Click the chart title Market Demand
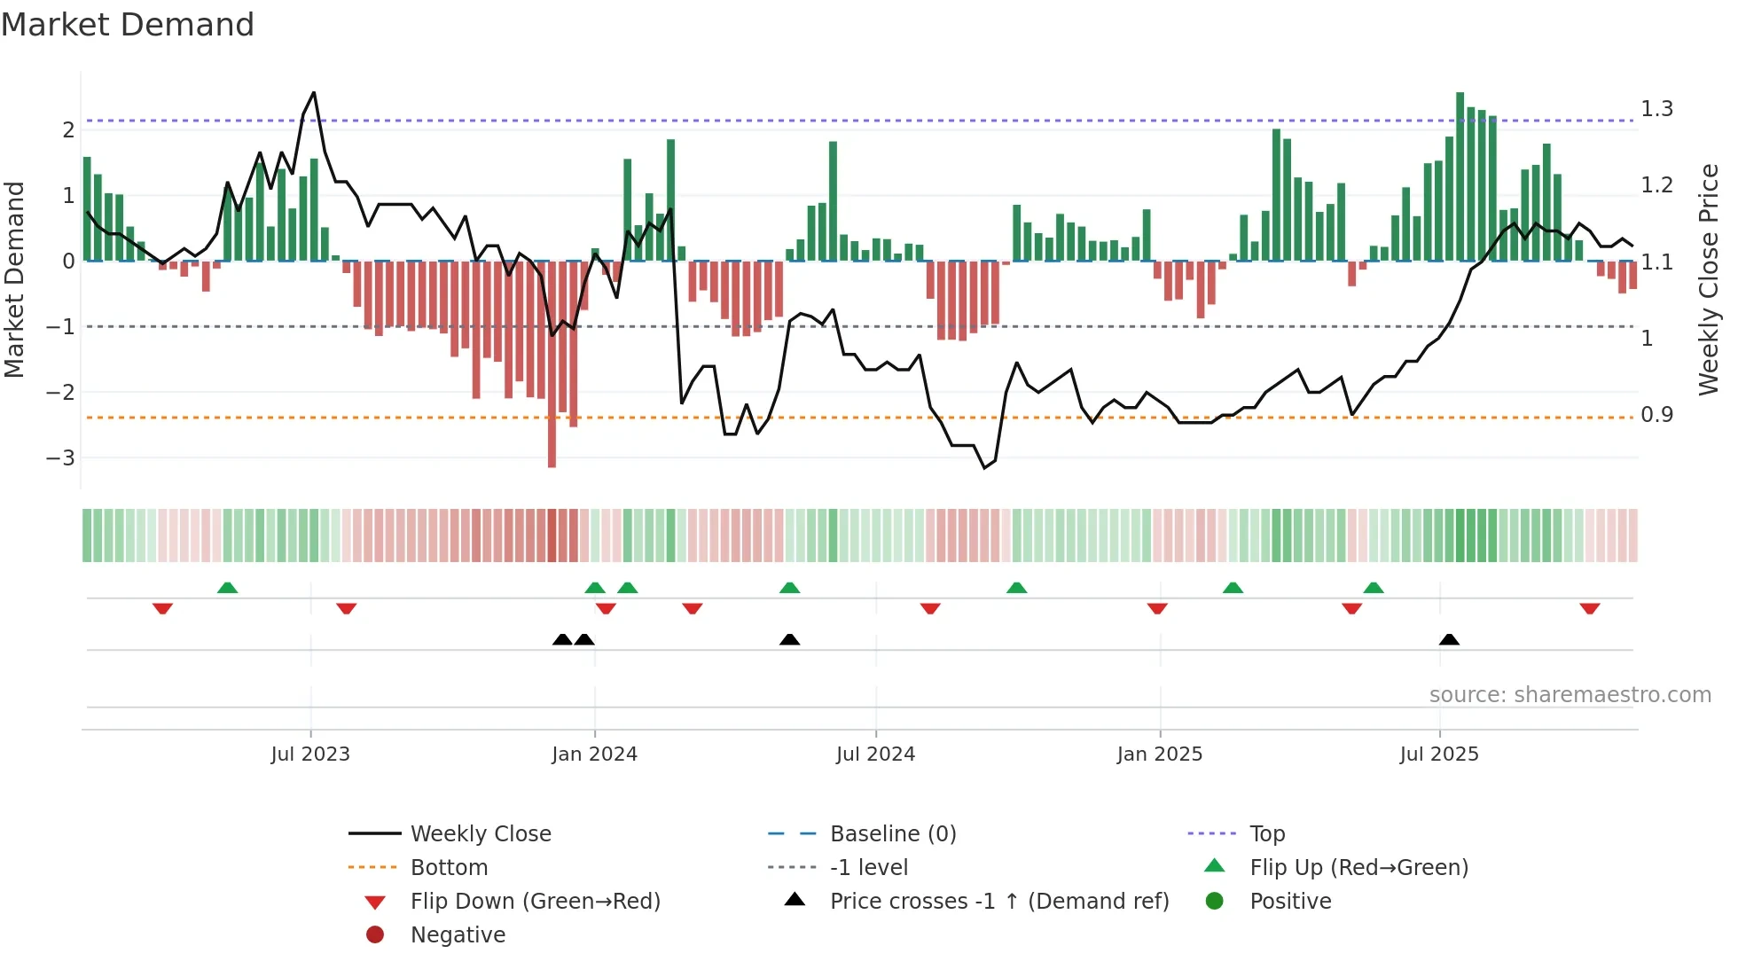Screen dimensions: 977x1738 coord(128,25)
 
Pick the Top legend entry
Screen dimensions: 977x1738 coord(1266,833)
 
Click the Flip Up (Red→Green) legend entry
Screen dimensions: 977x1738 coord(1358,867)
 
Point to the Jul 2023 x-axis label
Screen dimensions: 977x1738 coord(310,754)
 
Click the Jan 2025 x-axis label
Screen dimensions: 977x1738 coord(1159,754)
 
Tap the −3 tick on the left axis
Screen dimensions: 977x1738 coord(60,457)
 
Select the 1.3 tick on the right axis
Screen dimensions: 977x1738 coord(1656,109)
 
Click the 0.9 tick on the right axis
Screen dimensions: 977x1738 coord(1656,414)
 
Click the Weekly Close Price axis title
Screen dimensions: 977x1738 coord(1708,279)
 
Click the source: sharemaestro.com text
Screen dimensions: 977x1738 coord(1570,694)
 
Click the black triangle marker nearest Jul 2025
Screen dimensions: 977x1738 coord(1449,639)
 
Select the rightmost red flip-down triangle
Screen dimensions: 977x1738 coord(1589,608)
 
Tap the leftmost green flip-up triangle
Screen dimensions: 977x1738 coord(227,588)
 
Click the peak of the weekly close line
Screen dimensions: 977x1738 coord(314,92)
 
